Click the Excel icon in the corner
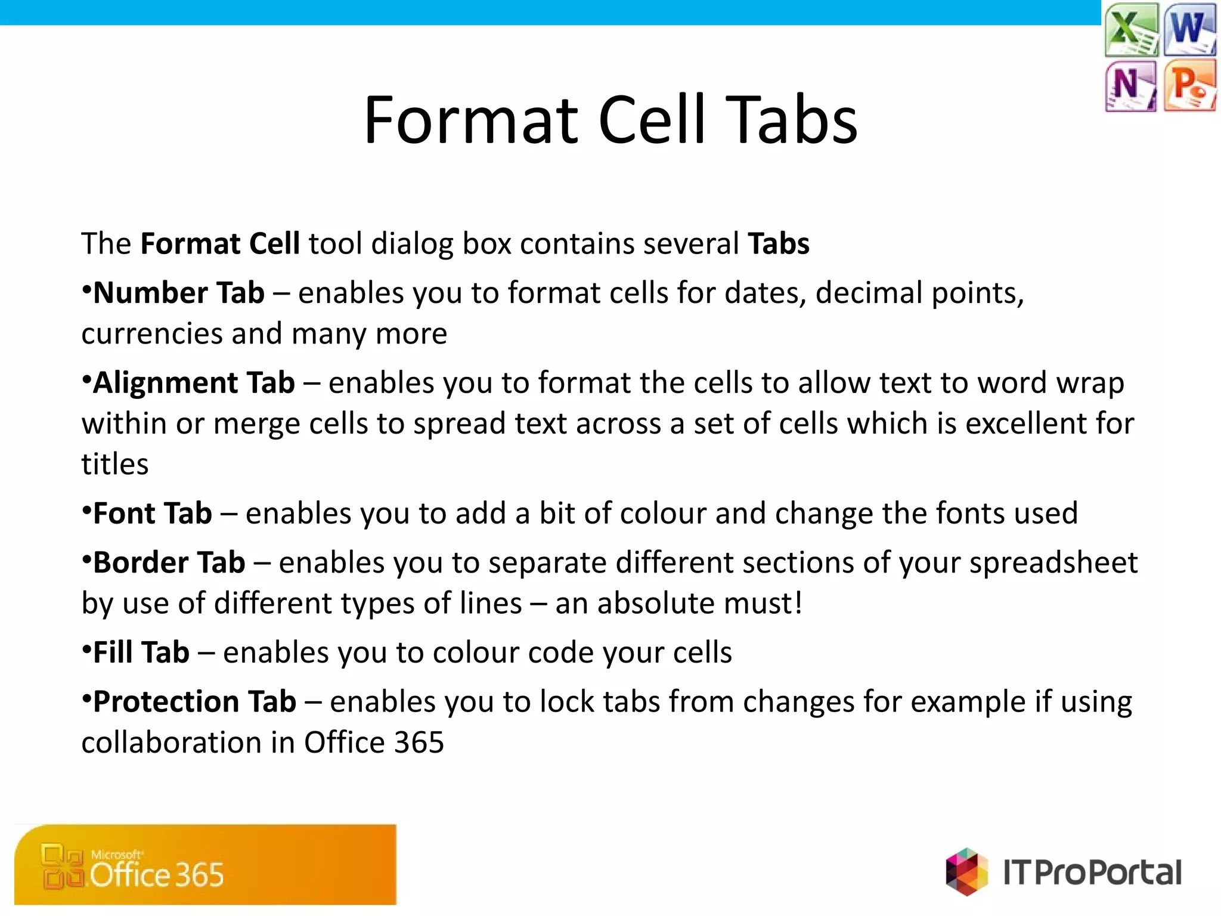(1131, 30)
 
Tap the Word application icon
(1189, 29)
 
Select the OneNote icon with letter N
(1130, 85)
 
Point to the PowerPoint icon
(1189, 85)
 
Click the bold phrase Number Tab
(178, 293)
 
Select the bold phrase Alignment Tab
(194, 383)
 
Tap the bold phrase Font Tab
(152, 513)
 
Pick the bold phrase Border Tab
(169, 563)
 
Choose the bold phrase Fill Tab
(141, 652)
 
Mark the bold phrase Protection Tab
(194, 702)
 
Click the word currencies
(151, 334)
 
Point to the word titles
(114, 464)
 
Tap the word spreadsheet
(1053, 563)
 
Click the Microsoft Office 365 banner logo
(205, 865)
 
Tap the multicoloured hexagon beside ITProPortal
(966, 871)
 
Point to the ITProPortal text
(1092, 872)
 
